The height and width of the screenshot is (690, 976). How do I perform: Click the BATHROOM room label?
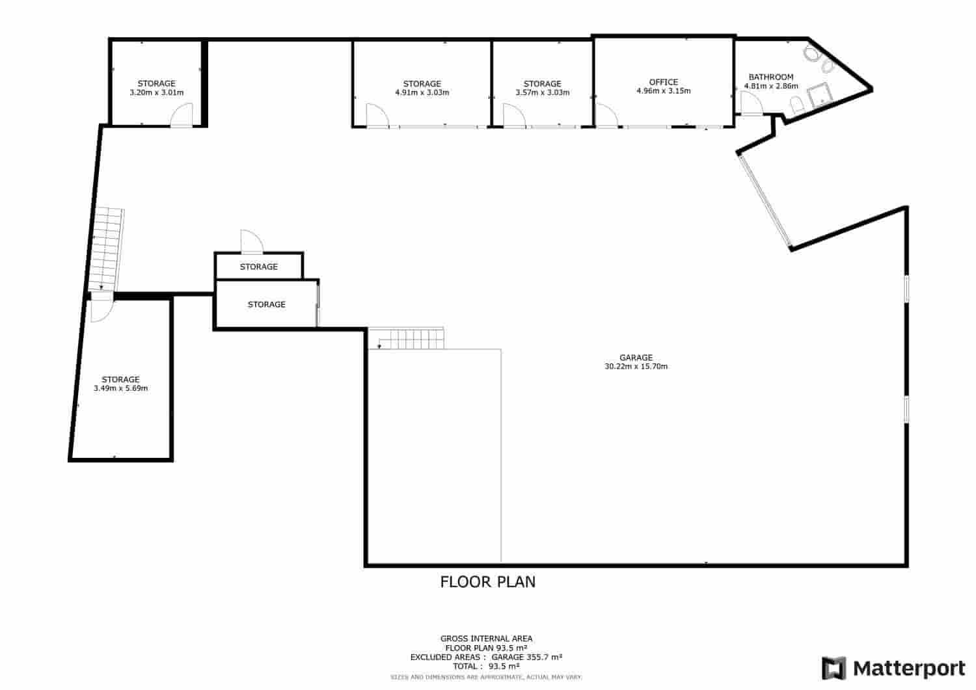point(771,77)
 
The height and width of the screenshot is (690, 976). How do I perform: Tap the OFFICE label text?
point(663,82)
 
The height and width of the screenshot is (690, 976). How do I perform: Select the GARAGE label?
point(636,358)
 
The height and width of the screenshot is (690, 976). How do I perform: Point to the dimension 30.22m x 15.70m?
point(636,366)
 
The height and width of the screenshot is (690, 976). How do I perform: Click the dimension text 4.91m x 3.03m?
point(422,92)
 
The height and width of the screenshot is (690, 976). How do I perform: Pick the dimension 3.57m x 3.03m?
point(542,92)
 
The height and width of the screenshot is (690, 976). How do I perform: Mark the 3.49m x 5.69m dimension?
point(120,388)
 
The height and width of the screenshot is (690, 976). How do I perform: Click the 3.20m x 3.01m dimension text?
point(156,92)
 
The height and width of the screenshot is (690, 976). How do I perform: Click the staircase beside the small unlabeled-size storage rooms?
point(406,338)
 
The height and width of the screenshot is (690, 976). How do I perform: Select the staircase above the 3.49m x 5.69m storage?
point(106,250)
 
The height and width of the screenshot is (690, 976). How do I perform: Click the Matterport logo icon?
point(834,669)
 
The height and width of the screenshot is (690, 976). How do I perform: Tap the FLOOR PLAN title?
point(487,582)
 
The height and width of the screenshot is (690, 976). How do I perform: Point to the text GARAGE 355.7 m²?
point(527,657)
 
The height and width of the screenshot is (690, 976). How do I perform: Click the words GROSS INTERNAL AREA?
point(486,639)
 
